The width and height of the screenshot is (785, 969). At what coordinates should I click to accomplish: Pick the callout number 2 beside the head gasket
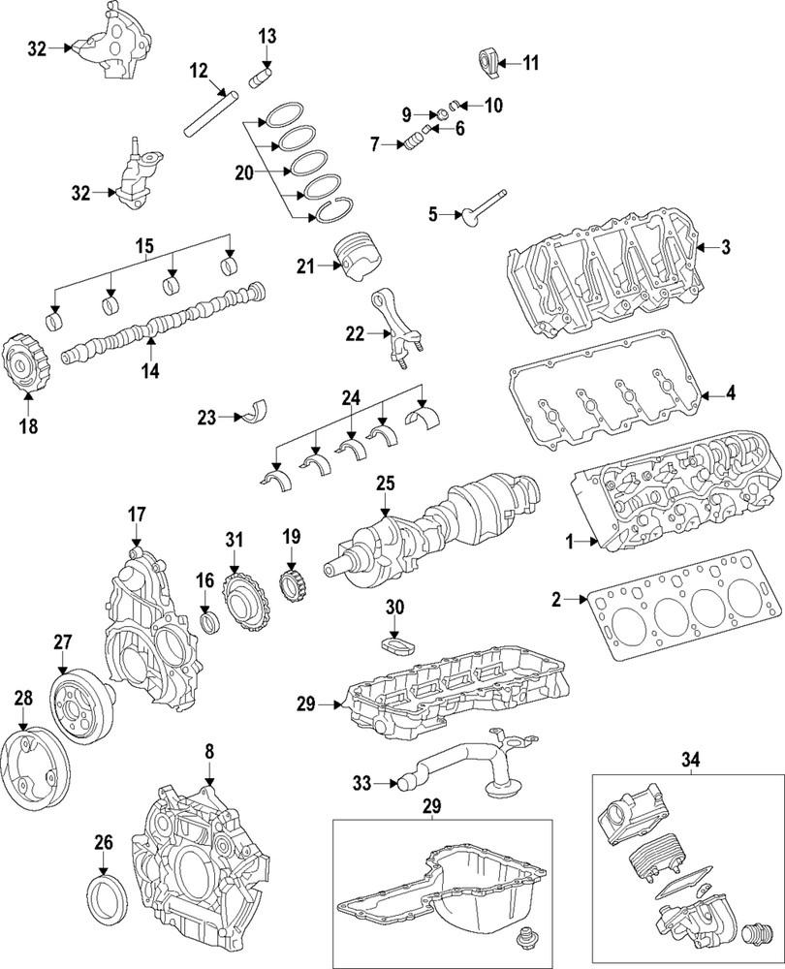pyautogui.click(x=557, y=600)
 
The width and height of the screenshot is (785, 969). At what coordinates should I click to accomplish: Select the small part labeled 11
pyautogui.click(x=489, y=63)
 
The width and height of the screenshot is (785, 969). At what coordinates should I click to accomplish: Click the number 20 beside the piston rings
pyautogui.click(x=244, y=173)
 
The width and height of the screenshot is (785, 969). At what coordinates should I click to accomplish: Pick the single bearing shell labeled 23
pyautogui.click(x=259, y=410)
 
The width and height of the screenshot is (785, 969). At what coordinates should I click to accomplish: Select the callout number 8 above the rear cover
pyautogui.click(x=207, y=751)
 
